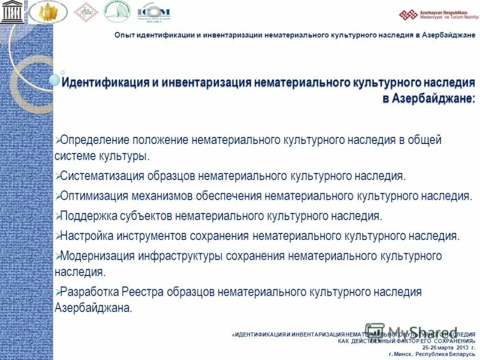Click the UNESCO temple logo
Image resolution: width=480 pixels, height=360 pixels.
(10, 11)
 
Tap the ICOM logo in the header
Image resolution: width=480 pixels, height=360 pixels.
(154, 11)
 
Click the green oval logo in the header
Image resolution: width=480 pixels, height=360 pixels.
(117, 11)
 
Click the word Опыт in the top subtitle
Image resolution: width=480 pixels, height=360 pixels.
(126, 35)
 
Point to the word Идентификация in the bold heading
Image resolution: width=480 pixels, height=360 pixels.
(101, 82)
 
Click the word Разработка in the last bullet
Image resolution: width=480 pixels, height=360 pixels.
(89, 292)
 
